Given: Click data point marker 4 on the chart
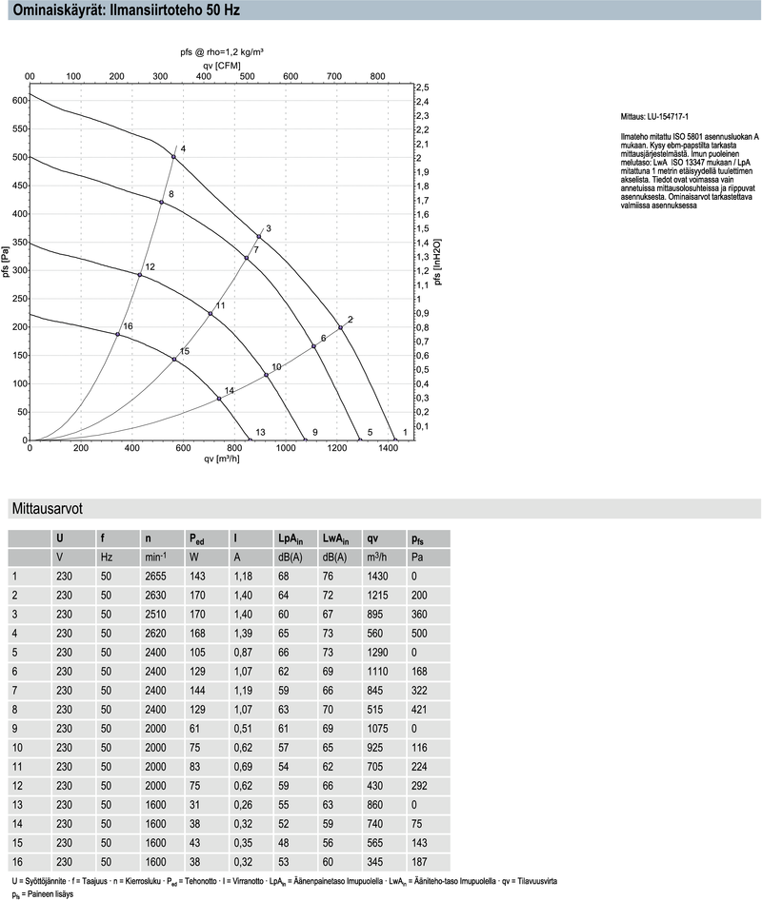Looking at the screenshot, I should (173, 156).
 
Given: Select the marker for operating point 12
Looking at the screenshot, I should (140, 275).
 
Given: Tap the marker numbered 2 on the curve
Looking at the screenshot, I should (340, 327).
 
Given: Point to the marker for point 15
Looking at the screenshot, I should (174, 359).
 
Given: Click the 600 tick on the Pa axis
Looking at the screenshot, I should (18, 100).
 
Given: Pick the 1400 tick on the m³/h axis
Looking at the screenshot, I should (389, 448).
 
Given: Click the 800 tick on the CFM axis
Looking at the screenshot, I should (377, 76).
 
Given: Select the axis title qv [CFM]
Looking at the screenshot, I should (221, 65).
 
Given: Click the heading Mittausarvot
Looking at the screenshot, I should (46, 509).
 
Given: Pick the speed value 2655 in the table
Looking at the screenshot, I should (155, 576).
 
